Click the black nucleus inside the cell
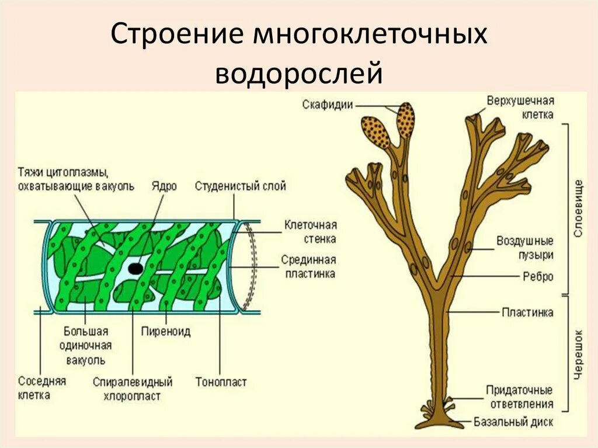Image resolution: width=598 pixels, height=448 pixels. pos(135,269)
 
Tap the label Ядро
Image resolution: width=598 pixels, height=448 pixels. pos(165,186)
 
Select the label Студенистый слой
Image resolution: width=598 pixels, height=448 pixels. pos(240,186)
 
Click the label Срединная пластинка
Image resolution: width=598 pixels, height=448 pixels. pos(308,266)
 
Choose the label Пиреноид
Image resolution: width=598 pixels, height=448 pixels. pos(166,331)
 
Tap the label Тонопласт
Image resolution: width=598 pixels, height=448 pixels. pos(221,382)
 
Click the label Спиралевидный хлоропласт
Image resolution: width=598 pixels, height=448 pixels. pos(133,389)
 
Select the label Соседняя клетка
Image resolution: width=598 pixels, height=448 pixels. pos(42,388)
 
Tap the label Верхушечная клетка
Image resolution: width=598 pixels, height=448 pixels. pos(520,107)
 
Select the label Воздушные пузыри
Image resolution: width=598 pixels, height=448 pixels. pos(525,248)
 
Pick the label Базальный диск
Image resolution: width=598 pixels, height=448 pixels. pos(513,421)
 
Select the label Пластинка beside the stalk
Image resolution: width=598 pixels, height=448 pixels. pos(527,312)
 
